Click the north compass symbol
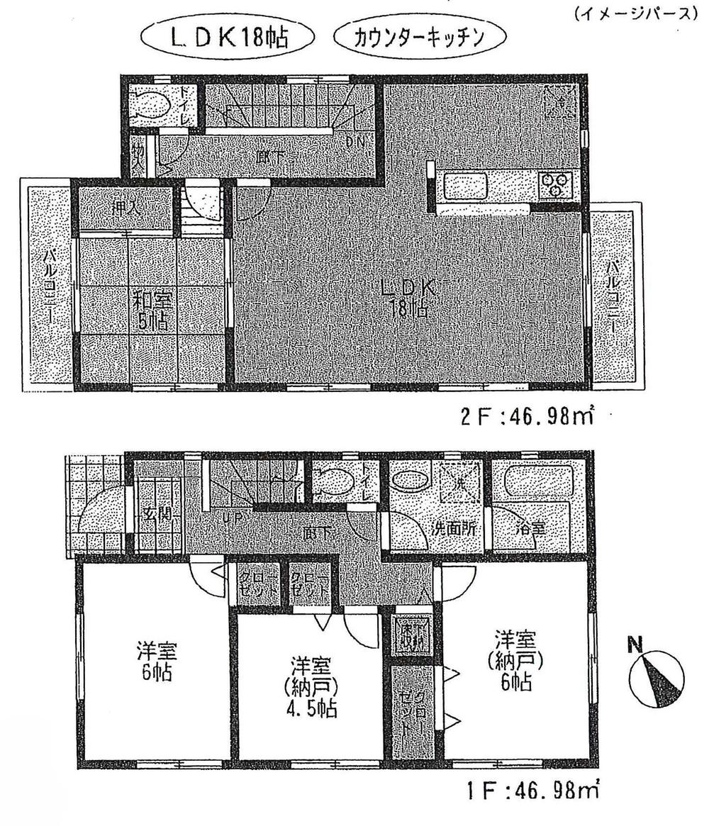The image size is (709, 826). [x=656, y=678]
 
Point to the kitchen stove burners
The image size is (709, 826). [x=555, y=185]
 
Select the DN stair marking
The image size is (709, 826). [x=357, y=141]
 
